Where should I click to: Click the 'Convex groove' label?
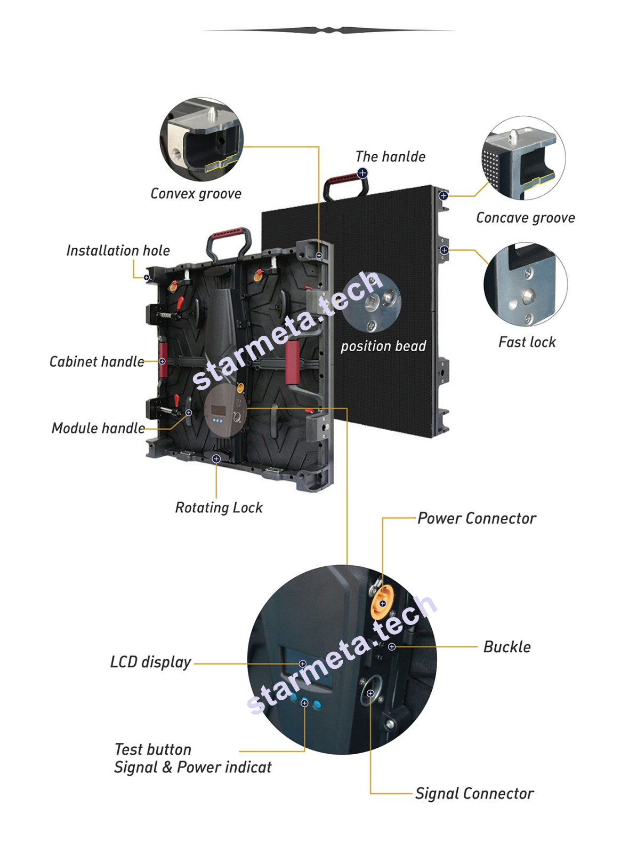196,194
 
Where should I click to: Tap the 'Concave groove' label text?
526,218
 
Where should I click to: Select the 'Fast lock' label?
527,342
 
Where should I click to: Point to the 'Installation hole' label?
118,250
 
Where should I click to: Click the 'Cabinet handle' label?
96,361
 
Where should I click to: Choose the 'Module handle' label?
98,428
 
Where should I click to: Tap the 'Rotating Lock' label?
219,508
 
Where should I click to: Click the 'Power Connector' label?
477,518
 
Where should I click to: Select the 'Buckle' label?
507,647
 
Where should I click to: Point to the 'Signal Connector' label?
474,794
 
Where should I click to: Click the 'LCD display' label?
150,662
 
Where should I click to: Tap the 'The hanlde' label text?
390,157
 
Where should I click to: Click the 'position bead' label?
383,346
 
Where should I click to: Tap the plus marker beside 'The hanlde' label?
362,173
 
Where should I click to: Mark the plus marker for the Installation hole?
147,278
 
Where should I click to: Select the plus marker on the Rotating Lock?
216,458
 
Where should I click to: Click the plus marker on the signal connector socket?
370,693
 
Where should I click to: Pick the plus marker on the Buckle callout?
392,646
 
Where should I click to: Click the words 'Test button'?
153,749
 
